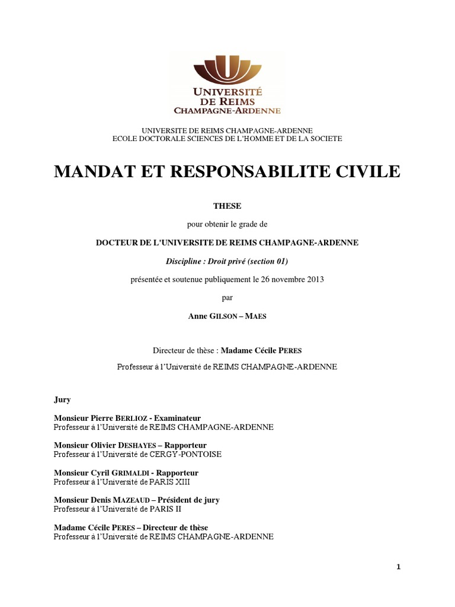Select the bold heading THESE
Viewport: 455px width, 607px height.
(x=227, y=206)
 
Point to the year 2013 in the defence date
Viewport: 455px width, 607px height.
(x=314, y=279)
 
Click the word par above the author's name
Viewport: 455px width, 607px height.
(x=227, y=298)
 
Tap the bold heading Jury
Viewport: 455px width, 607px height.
(x=62, y=400)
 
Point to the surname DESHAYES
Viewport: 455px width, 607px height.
(x=137, y=445)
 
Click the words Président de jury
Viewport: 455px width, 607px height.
(x=188, y=500)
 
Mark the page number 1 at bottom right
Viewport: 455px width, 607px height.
(x=399, y=567)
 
